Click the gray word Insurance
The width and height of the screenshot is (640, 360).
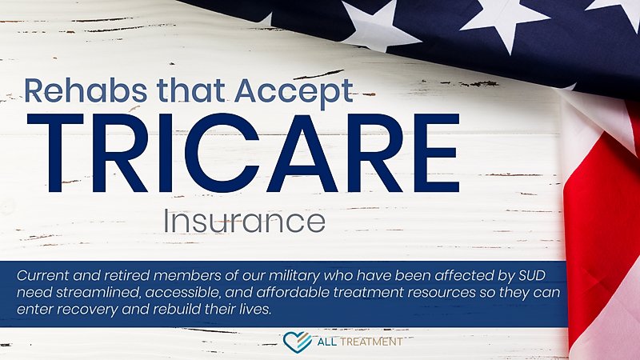(244, 219)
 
